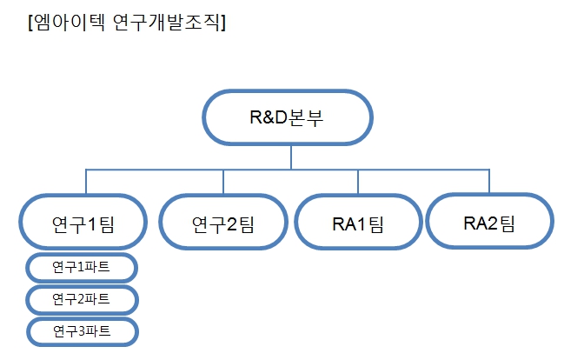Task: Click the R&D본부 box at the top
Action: tap(288, 117)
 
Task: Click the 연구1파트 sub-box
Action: tap(82, 268)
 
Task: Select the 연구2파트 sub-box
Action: tap(82, 300)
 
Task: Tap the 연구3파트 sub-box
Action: tap(82, 331)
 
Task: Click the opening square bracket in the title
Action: tap(31, 23)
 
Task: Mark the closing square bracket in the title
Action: tap(223, 23)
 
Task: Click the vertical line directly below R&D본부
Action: tap(290, 157)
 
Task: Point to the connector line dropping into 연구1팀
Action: tap(85, 182)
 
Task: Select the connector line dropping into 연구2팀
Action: tap(223, 182)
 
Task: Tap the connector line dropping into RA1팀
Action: tap(358, 182)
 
